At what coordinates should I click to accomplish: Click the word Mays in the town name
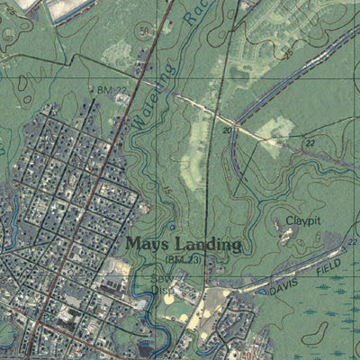tap(146, 243)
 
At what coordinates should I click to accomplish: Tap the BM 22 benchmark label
tap(105, 90)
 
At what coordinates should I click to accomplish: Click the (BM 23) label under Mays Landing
tap(181, 258)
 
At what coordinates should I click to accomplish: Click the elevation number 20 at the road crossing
tap(228, 130)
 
